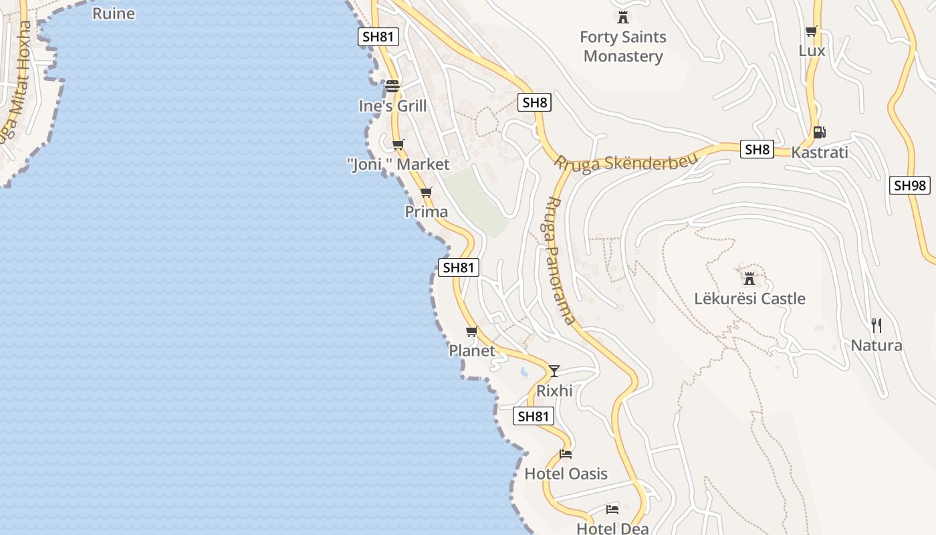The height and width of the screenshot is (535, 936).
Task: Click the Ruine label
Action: click(114, 13)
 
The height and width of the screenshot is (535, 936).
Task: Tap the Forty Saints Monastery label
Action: click(623, 46)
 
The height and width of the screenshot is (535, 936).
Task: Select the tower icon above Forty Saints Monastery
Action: click(623, 17)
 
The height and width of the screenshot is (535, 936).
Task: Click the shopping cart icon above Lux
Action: click(812, 31)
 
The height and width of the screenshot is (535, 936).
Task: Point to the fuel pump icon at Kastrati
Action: click(820, 132)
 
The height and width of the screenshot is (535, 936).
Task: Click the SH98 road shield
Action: click(910, 185)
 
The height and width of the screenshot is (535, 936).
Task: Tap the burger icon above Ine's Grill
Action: click(392, 86)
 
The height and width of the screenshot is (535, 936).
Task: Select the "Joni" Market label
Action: click(399, 164)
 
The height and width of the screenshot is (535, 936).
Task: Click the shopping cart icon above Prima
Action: click(427, 193)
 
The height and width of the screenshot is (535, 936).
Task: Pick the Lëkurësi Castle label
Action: click(749, 298)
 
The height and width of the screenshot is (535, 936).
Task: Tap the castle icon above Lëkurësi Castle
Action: click(749, 278)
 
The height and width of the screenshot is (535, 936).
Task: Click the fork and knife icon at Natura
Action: click(876, 326)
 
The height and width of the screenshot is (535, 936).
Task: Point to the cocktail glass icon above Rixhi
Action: click(554, 371)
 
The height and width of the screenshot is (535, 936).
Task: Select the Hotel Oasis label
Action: click(566, 473)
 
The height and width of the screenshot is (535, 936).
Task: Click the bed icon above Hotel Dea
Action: click(612, 510)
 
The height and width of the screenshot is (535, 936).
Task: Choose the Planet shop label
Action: click(472, 350)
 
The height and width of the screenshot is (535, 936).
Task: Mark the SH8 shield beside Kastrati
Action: click(757, 149)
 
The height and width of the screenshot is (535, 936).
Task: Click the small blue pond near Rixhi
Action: click(524, 372)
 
